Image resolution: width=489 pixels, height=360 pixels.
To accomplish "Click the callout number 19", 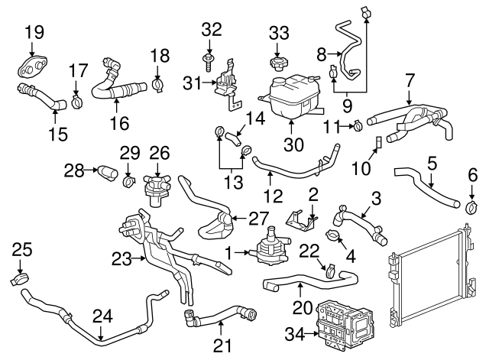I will click(34, 32).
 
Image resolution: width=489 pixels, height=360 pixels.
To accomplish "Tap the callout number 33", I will click(280, 33).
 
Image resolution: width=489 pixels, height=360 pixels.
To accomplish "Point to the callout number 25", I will click(22, 249).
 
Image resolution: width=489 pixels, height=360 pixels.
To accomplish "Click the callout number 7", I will click(410, 79).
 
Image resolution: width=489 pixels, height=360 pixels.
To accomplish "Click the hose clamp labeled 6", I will click(471, 206).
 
